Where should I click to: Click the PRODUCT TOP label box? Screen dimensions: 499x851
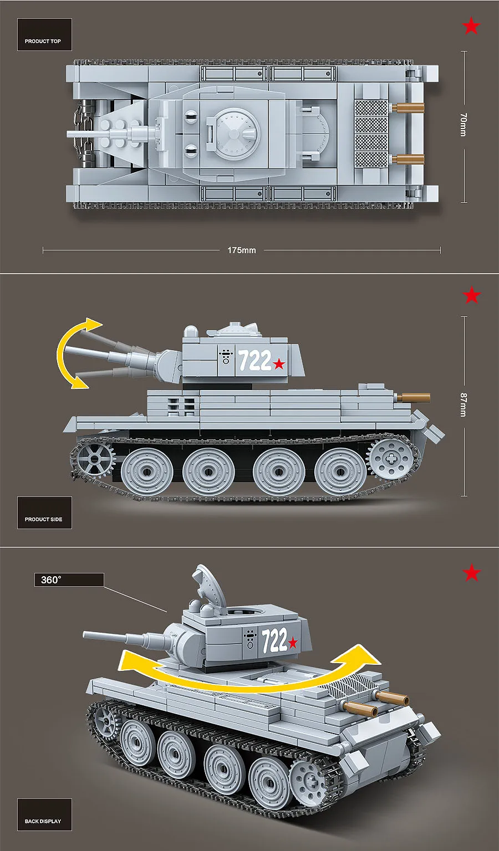(44, 35)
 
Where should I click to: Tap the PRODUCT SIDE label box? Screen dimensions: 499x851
(44, 512)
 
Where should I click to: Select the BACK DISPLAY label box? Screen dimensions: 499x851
(44, 814)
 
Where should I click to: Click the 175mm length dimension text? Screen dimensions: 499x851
(242, 250)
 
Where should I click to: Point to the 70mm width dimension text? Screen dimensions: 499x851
(464, 125)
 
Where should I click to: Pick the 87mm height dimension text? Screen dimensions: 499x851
(464, 405)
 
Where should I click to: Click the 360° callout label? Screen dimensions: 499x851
(69, 580)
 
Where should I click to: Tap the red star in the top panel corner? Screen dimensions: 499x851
(471, 26)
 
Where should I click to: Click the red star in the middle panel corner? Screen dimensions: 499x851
(471, 295)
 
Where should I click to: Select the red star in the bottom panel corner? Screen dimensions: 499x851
(471, 573)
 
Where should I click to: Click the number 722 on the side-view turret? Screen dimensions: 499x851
(255, 361)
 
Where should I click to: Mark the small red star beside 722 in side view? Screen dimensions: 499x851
(279, 364)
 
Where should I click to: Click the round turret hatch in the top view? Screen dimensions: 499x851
(236, 133)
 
